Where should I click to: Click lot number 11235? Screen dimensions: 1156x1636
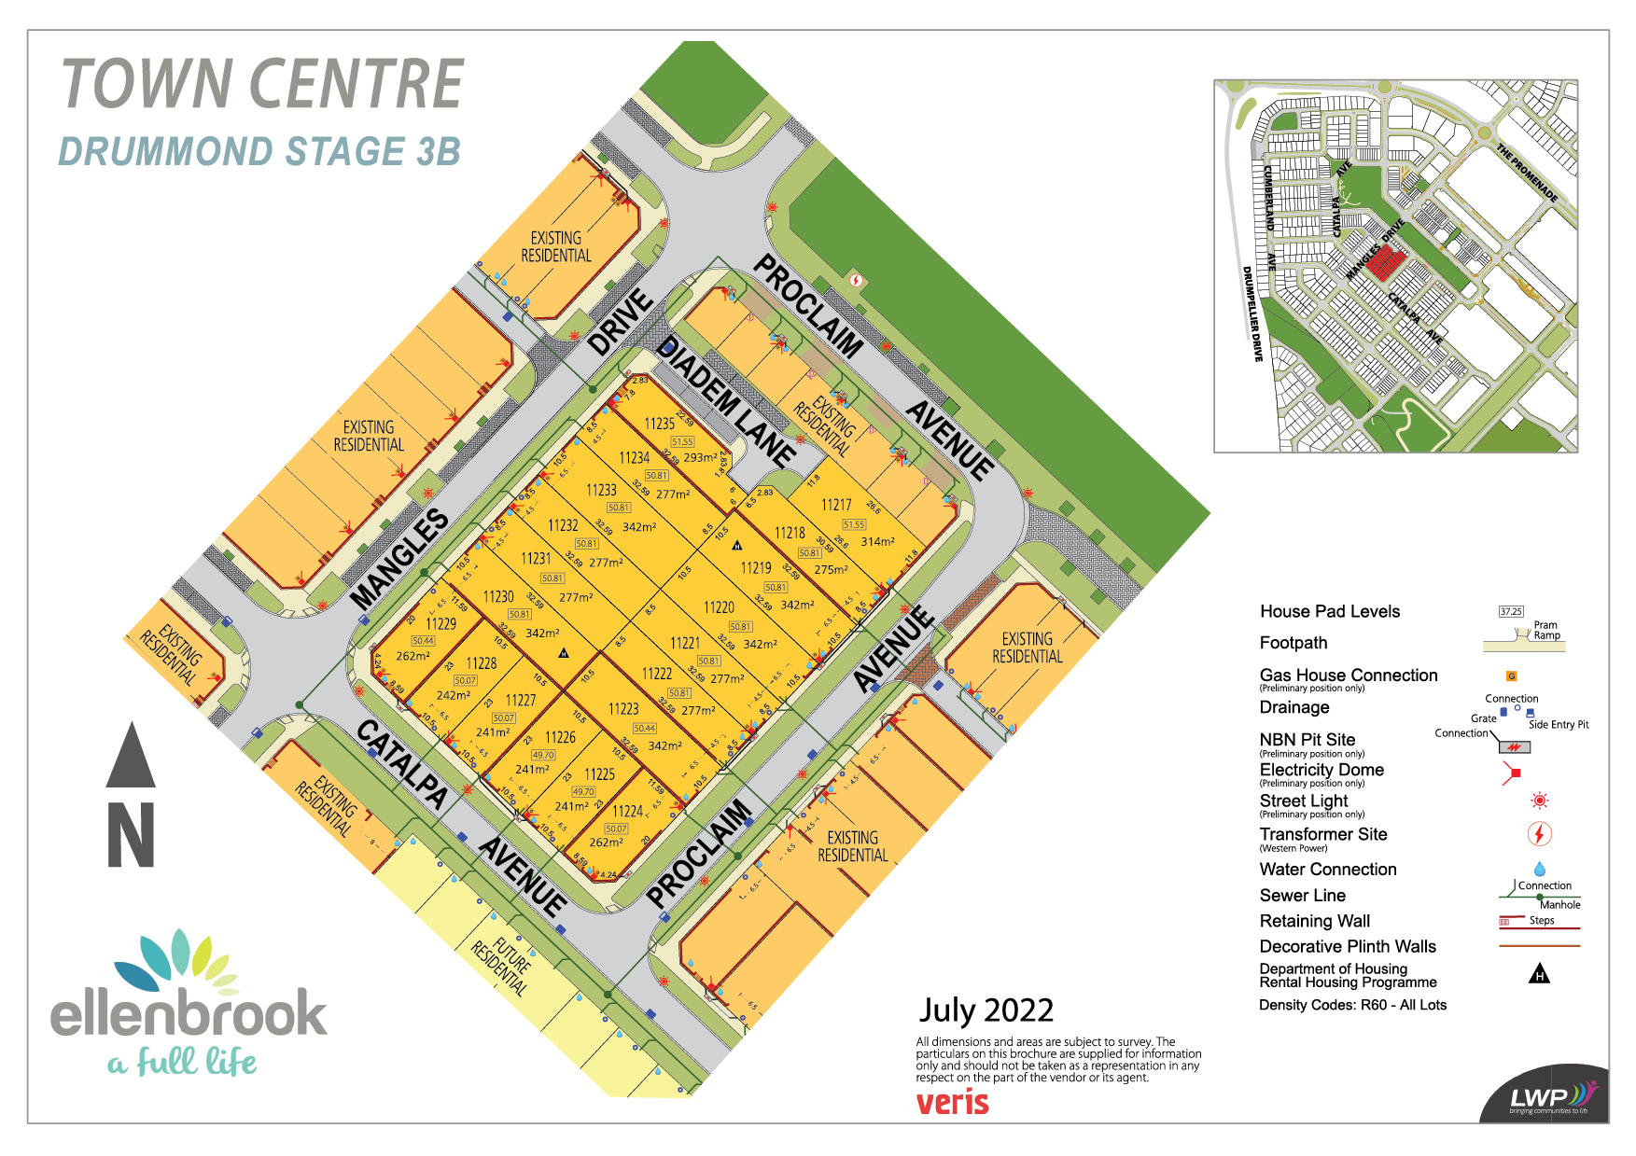659,424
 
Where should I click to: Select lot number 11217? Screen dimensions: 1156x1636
836,505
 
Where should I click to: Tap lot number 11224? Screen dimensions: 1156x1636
627,812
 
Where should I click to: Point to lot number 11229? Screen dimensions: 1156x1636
440,623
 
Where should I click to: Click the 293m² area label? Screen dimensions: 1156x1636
700,457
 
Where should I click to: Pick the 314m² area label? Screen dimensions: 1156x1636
877,541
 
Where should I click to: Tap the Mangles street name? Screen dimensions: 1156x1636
399,560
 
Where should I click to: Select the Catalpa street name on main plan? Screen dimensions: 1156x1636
401,763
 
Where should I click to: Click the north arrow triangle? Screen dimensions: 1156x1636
131,756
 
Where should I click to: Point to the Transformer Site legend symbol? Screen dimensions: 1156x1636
1539,833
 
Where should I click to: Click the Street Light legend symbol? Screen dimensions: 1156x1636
1540,801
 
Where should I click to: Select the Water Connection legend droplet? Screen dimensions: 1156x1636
1539,870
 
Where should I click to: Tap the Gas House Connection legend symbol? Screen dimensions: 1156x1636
1511,675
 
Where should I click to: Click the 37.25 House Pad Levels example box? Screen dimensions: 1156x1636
1511,612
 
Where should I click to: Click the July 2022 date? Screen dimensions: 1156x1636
986,1010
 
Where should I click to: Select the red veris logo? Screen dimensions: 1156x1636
952,1102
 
